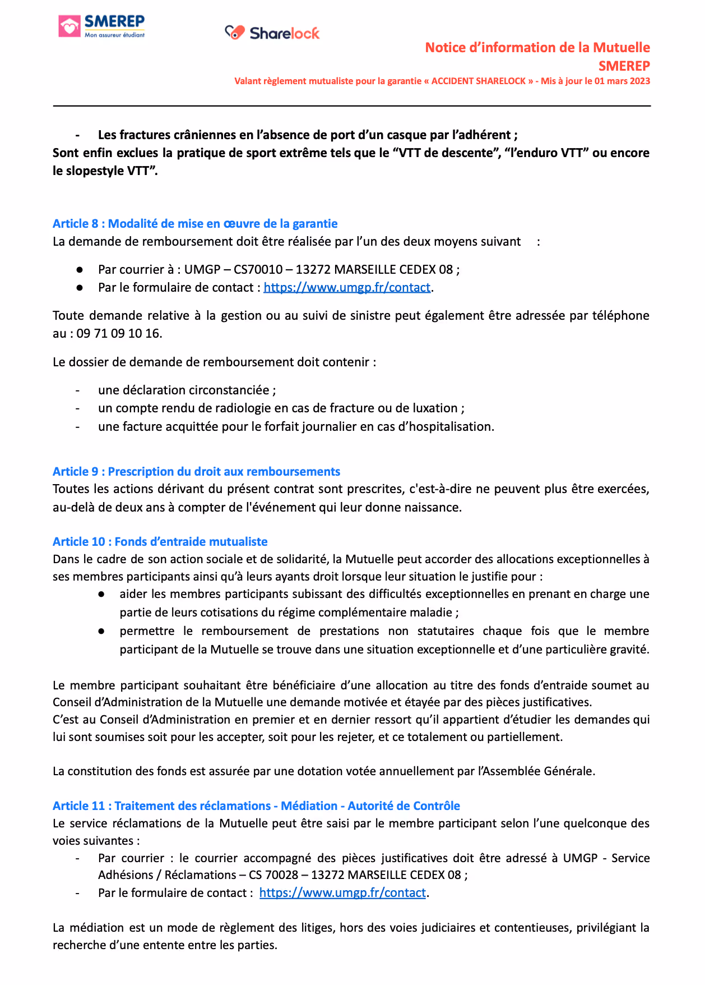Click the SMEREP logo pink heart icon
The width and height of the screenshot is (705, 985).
[x=69, y=26]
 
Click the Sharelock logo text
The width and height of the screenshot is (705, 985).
[x=284, y=34]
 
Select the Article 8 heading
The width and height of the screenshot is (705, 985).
[x=195, y=224]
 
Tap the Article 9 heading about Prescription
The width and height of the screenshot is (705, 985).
[x=196, y=472]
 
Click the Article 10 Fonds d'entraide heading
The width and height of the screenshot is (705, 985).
[x=160, y=542]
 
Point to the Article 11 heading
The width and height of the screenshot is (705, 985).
[x=256, y=806]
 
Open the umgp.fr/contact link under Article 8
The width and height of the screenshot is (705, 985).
[x=347, y=288]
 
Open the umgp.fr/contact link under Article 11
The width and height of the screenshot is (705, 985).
[x=342, y=893]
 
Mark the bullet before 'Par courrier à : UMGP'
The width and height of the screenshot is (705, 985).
[x=80, y=270]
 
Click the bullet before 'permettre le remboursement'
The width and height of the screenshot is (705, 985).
[x=101, y=631]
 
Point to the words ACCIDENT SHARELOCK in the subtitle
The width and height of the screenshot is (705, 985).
[x=478, y=81]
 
